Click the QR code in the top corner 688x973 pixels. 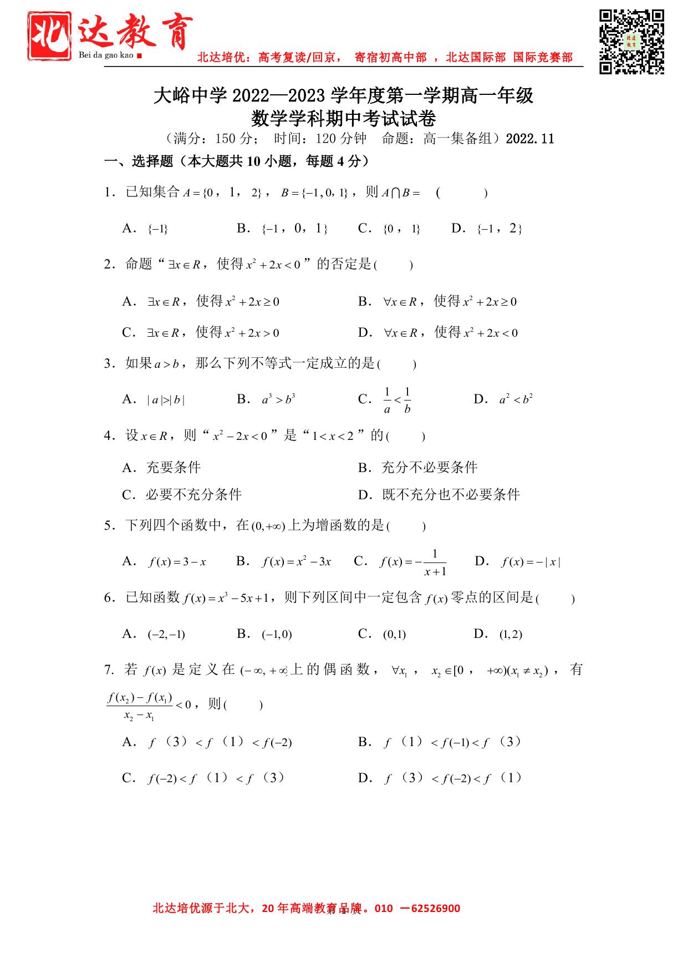pyautogui.click(x=631, y=41)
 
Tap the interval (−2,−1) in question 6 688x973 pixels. pyautogui.click(x=166, y=634)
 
